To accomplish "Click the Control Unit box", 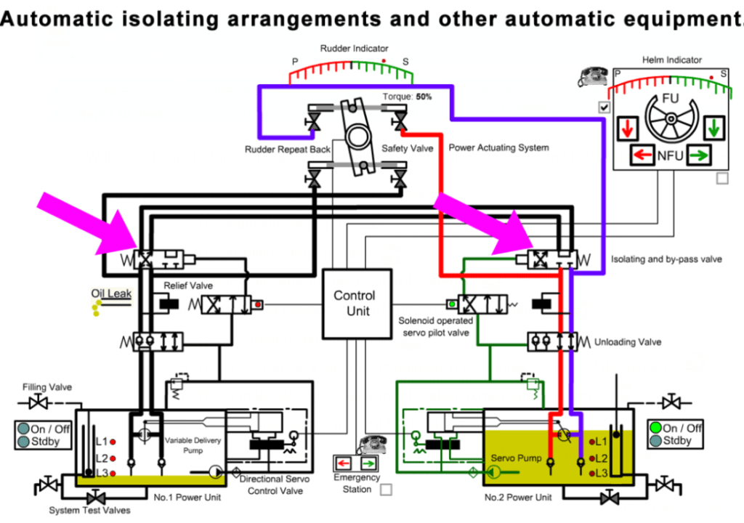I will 355,304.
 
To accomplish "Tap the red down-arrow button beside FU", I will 628,129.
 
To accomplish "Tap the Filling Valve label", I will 47,387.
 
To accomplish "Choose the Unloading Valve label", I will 628,341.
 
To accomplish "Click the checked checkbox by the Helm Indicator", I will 604,107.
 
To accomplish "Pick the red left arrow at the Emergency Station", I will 344,463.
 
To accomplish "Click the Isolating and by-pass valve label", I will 666,259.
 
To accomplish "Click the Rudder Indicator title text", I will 354,49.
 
